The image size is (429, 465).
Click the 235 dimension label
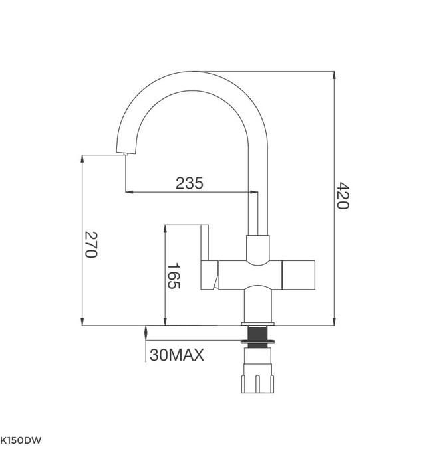click(x=189, y=183)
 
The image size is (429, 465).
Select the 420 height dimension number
click(x=342, y=195)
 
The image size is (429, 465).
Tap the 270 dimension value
click(x=91, y=245)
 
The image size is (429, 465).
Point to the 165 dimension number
click(x=173, y=276)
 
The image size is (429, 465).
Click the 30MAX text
click(x=176, y=355)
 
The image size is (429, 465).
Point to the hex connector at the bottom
click(x=257, y=379)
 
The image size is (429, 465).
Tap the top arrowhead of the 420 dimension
click(x=333, y=74)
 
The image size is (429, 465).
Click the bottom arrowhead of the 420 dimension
click(x=333, y=322)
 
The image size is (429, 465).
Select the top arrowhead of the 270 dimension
click(x=82, y=159)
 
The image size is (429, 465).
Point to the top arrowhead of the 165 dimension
click(x=164, y=228)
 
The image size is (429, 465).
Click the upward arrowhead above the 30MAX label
click(x=146, y=329)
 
